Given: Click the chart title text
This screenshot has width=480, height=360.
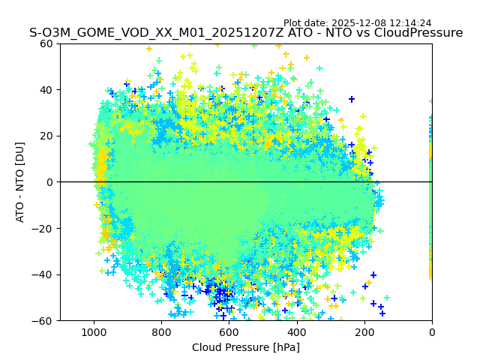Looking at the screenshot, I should point(246,33).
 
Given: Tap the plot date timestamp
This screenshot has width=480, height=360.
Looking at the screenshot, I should point(357,23).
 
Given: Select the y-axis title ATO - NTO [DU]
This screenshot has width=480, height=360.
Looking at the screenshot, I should point(21,182).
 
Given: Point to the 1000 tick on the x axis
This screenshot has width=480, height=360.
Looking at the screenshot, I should point(94,331).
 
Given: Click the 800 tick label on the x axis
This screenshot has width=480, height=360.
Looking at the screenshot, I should point(161,331).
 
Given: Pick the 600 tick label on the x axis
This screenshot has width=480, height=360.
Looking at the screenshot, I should point(229,331).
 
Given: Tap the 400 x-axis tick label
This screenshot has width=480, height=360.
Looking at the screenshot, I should point(296,331).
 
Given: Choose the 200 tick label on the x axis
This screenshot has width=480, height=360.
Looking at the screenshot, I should point(364,331).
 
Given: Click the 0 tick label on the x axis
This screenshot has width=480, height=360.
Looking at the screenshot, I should point(431,331).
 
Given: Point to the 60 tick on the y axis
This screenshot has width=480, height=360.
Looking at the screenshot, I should point(46,43).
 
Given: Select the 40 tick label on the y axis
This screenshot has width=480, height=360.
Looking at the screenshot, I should point(46,90).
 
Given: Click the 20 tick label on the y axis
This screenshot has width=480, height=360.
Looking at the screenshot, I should point(46,136).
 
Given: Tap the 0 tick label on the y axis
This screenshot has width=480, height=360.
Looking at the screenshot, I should point(49,182).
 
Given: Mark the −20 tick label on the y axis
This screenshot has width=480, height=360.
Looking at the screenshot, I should point(43,229).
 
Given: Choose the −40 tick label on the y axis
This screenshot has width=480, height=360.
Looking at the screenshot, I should point(43,274).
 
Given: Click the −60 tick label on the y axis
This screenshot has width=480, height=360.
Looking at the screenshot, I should point(43,321).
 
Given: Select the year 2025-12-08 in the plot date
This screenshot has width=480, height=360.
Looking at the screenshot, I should point(359,23).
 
